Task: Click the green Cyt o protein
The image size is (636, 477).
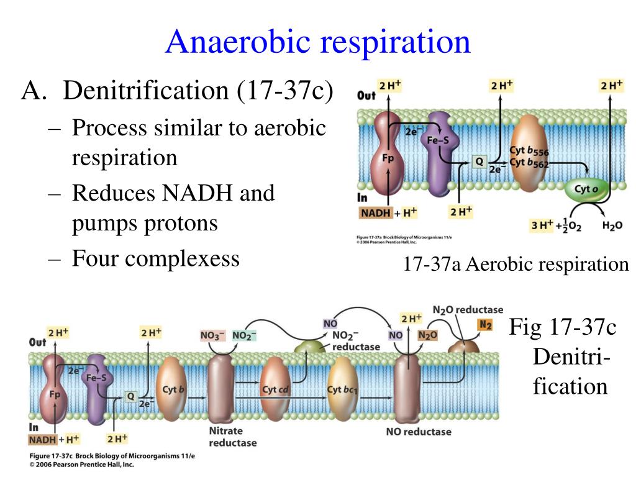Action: pyautogui.click(x=586, y=190)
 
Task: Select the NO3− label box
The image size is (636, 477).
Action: pyautogui.click(x=212, y=335)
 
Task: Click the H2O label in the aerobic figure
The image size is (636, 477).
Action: pyautogui.click(x=612, y=225)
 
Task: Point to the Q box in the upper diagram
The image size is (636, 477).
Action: pyautogui.click(x=479, y=161)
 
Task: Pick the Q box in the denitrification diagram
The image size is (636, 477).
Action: pyautogui.click(x=131, y=396)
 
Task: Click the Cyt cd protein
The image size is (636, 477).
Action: pyautogui.click(x=276, y=389)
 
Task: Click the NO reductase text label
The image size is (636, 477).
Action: pyautogui.click(x=419, y=431)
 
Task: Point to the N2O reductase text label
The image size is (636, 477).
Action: pyautogui.click(x=468, y=309)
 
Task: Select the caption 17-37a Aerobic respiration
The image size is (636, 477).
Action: pyautogui.click(x=516, y=265)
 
